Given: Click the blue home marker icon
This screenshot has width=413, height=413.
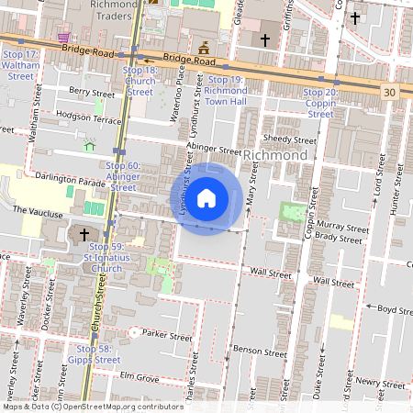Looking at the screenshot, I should coord(206,198).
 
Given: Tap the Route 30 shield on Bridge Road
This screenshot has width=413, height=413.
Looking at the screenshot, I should coord(390,92).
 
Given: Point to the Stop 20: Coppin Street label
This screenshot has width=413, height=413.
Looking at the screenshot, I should coord(319,103).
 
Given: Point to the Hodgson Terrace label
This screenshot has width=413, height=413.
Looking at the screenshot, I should coord(88,117).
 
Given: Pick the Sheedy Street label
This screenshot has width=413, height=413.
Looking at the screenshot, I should coord(289,140).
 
